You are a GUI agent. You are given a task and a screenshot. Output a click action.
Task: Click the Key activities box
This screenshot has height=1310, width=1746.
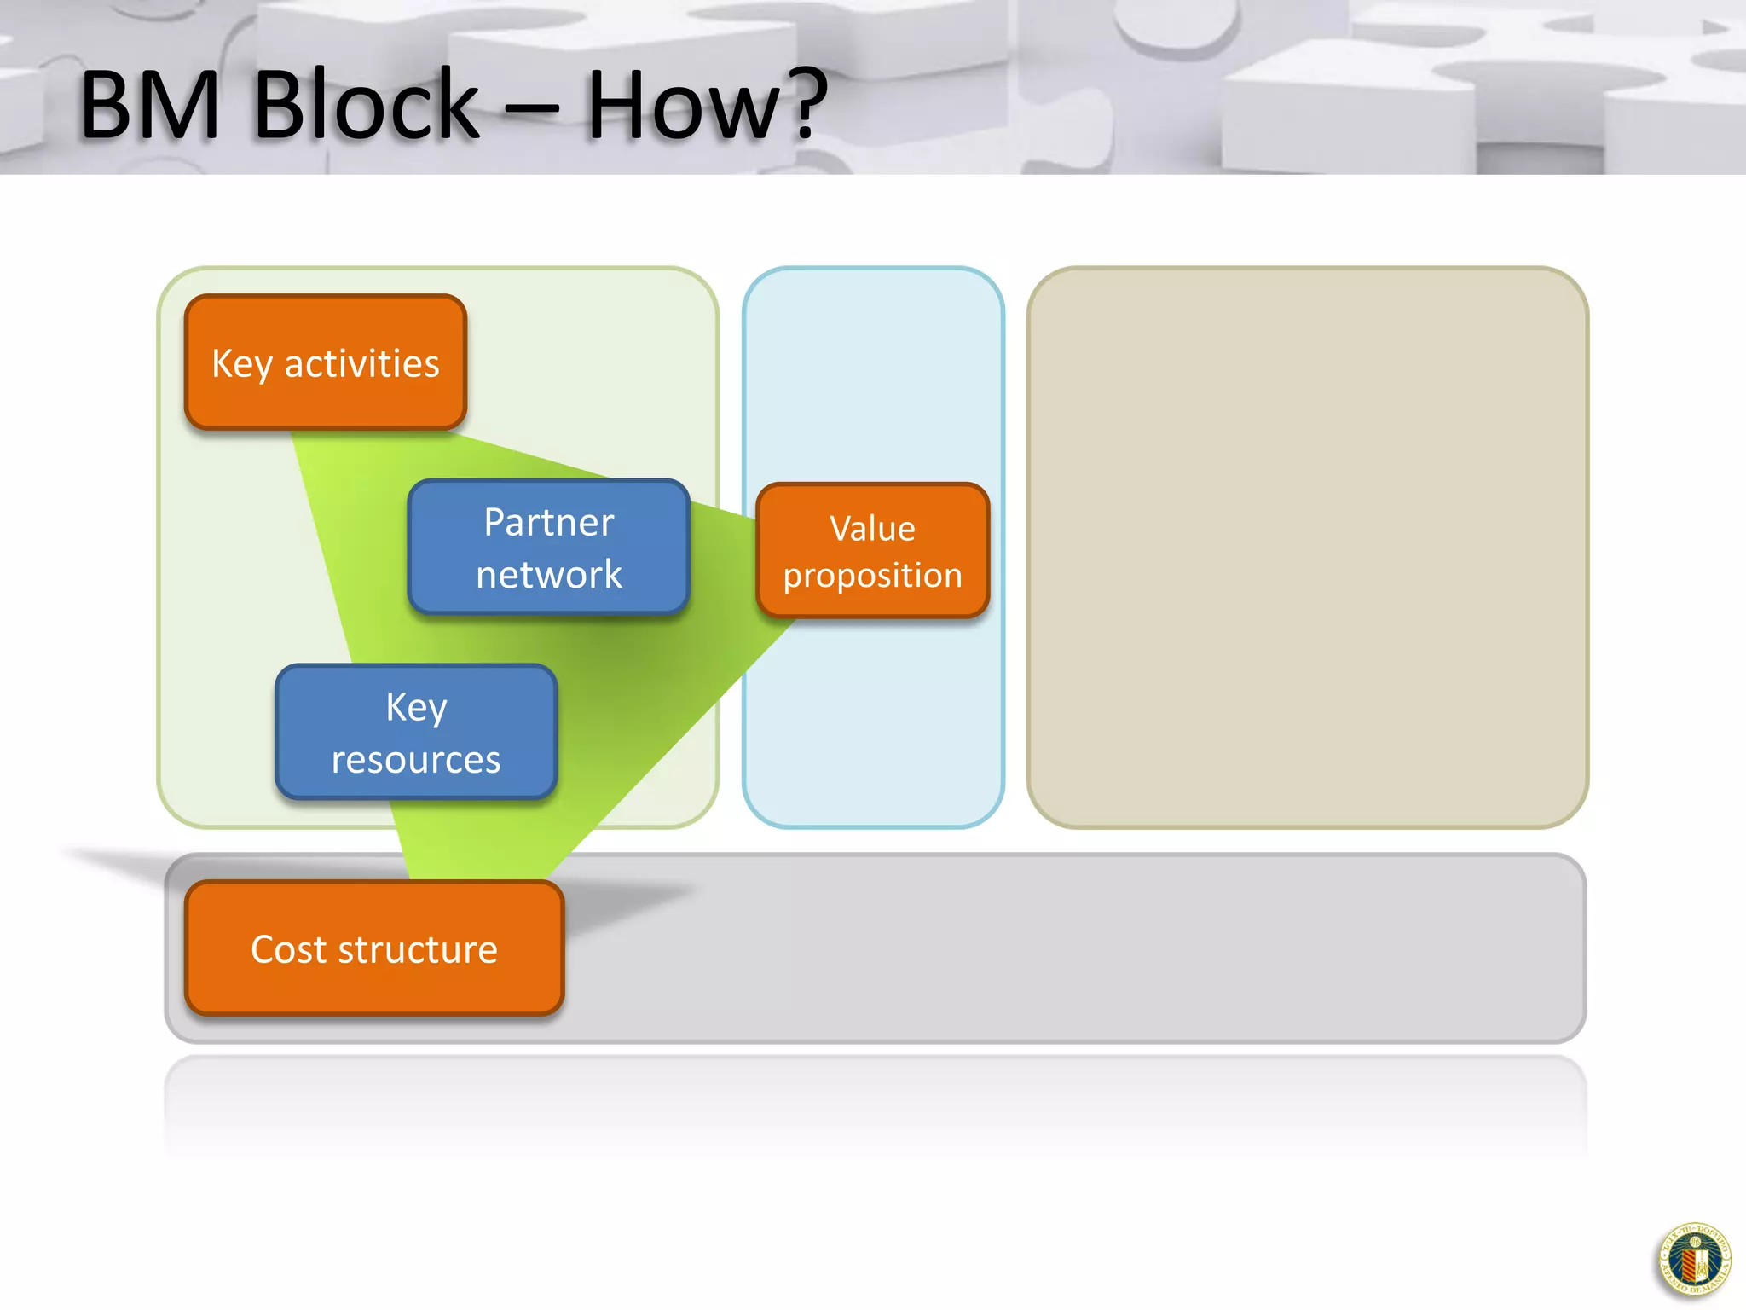(x=325, y=362)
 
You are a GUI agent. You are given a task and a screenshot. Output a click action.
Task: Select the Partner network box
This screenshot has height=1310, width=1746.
(x=548, y=547)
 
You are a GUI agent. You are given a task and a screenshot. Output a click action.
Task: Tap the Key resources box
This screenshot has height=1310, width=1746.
(x=416, y=732)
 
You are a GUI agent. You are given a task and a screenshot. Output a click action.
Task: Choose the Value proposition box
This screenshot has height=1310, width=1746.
(x=872, y=550)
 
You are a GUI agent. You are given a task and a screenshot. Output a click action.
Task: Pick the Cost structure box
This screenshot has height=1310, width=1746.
(x=374, y=948)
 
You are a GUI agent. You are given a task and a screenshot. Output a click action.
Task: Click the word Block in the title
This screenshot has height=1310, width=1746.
(x=366, y=106)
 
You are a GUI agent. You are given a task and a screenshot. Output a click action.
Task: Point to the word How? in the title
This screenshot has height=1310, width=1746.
(x=707, y=106)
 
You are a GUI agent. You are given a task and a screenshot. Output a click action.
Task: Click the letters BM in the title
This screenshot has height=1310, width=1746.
(x=150, y=106)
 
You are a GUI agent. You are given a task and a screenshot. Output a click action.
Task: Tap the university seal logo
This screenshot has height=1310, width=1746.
(x=1694, y=1260)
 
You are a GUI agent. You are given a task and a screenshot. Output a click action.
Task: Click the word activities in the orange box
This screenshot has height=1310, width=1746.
(x=361, y=364)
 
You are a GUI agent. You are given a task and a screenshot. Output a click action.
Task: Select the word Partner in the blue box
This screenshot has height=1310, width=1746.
(x=548, y=522)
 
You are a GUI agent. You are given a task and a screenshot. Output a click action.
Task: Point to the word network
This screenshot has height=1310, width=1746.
(x=548, y=575)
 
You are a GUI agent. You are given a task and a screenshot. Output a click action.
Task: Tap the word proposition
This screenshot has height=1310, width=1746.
(x=872, y=576)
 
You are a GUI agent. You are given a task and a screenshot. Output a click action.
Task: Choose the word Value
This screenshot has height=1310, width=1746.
(x=872, y=529)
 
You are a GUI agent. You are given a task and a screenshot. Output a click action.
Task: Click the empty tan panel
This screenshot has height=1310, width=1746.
(x=1307, y=547)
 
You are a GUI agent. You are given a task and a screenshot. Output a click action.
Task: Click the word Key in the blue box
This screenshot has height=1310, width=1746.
(x=416, y=707)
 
